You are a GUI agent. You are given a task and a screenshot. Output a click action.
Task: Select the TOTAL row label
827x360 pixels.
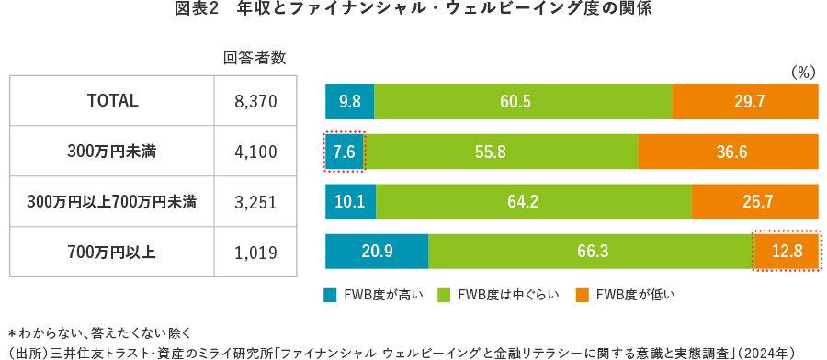point(111,101)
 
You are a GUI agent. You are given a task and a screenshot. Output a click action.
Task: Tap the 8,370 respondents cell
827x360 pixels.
point(255,101)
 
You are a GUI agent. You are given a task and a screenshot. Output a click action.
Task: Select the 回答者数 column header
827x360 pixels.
point(255,58)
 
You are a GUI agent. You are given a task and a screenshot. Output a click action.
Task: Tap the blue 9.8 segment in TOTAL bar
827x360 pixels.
point(349,101)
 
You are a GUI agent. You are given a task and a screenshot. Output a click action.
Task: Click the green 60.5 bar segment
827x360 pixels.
point(523,101)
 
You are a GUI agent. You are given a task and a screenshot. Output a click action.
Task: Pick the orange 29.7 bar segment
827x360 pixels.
point(745,101)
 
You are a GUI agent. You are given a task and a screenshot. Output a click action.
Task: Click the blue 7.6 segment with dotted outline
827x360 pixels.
point(345,152)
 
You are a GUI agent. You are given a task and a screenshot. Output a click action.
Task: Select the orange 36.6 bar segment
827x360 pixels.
point(728,152)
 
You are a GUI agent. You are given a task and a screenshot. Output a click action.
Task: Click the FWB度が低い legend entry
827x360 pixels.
point(625,295)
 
